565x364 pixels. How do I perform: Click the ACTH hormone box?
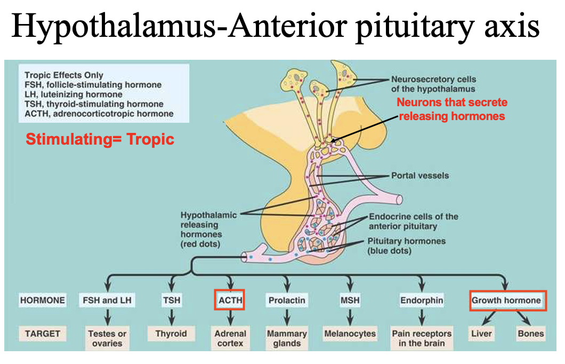[x=230, y=300]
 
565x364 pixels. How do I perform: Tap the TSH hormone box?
[x=172, y=300]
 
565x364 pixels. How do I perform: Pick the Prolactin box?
[x=287, y=300]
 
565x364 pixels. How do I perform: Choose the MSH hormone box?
[x=350, y=300]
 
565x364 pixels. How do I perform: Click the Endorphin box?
[x=422, y=300]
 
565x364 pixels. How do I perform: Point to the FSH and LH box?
[x=107, y=300]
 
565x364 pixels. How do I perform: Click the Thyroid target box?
[x=171, y=334]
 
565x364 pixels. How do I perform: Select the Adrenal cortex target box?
[x=230, y=338]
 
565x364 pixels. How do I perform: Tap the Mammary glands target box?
[x=287, y=338]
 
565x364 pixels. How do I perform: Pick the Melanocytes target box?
[x=350, y=334]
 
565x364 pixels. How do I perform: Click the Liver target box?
[x=481, y=334]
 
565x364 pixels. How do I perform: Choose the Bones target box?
[x=530, y=334]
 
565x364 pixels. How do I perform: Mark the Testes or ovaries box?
[x=107, y=338]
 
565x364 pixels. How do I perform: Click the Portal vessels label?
[x=420, y=176]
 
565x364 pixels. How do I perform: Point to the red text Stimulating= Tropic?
[x=100, y=139]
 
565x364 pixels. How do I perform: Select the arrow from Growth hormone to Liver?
[x=488, y=318]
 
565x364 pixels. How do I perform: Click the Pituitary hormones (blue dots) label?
[x=407, y=246]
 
